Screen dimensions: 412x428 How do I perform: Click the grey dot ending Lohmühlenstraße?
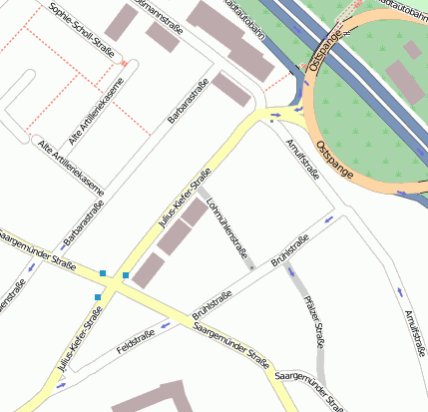click(x=251, y=268)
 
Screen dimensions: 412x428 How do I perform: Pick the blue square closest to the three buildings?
click(x=126, y=275)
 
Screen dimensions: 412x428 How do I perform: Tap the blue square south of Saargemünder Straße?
click(x=98, y=297)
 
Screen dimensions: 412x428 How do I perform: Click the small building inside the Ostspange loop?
click(x=412, y=49)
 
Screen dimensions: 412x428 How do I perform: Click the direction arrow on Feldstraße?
click(x=164, y=325)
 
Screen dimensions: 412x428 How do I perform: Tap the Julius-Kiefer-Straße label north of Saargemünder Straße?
click(x=185, y=203)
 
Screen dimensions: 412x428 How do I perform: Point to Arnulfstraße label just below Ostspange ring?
click(x=301, y=161)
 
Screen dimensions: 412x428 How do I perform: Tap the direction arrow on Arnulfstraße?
click(x=400, y=292)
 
